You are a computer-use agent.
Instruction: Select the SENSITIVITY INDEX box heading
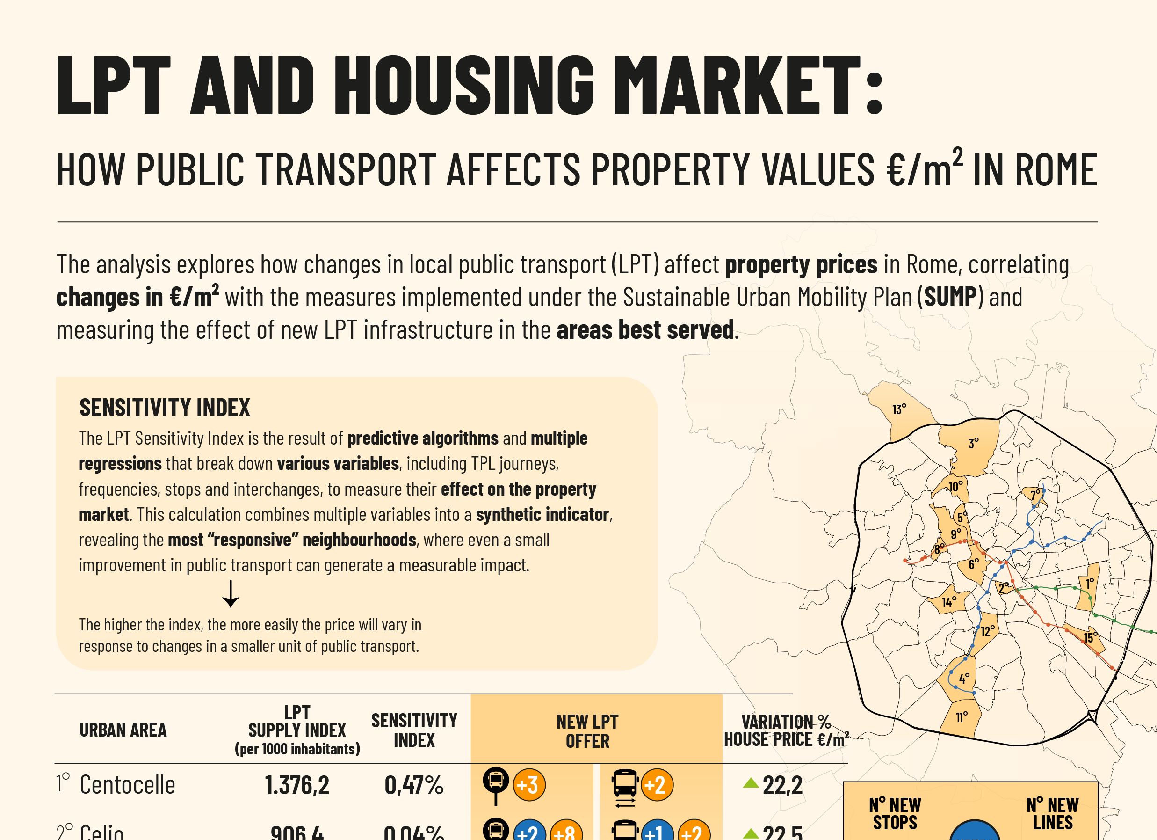click(x=164, y=408)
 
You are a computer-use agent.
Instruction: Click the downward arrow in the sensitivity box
click(x=231, y=594)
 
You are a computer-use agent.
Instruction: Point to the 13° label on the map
click(x=899, y=409)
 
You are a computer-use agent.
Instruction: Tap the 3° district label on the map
click(x=973, y=443)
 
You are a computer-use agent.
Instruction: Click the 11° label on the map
click(x=962, y=717)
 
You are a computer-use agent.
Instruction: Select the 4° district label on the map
click(x=964, y=679)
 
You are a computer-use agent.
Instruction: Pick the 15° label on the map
click(x=1090, y=637)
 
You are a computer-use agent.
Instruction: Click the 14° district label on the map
click(x=949, y=602)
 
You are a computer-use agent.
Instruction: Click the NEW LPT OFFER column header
click(x=587, y=731)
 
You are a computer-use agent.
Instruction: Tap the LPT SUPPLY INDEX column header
click(x=297, y=730)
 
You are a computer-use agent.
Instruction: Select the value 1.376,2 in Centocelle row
click(x=297, y=785)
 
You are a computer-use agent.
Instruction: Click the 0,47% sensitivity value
click(x=414, y=785)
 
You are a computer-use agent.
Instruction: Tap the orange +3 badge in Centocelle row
click(x=529, y=785)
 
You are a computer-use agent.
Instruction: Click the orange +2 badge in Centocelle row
click(x=657, y=785)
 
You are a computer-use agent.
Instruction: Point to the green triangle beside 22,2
click(x=751, y=782)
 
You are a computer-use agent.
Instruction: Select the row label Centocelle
click(x=127, y=785)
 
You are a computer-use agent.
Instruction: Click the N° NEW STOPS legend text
click(x=895, y=813)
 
